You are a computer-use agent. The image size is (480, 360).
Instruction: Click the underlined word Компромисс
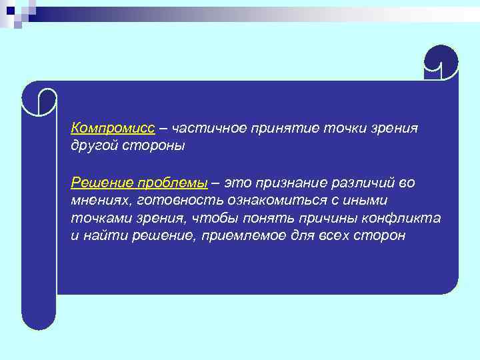[113, 127]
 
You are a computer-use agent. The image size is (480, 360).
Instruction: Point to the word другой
[94, 145]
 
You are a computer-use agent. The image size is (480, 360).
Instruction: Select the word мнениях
[101, 200]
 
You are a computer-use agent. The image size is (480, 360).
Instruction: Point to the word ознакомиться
[279, 200]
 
